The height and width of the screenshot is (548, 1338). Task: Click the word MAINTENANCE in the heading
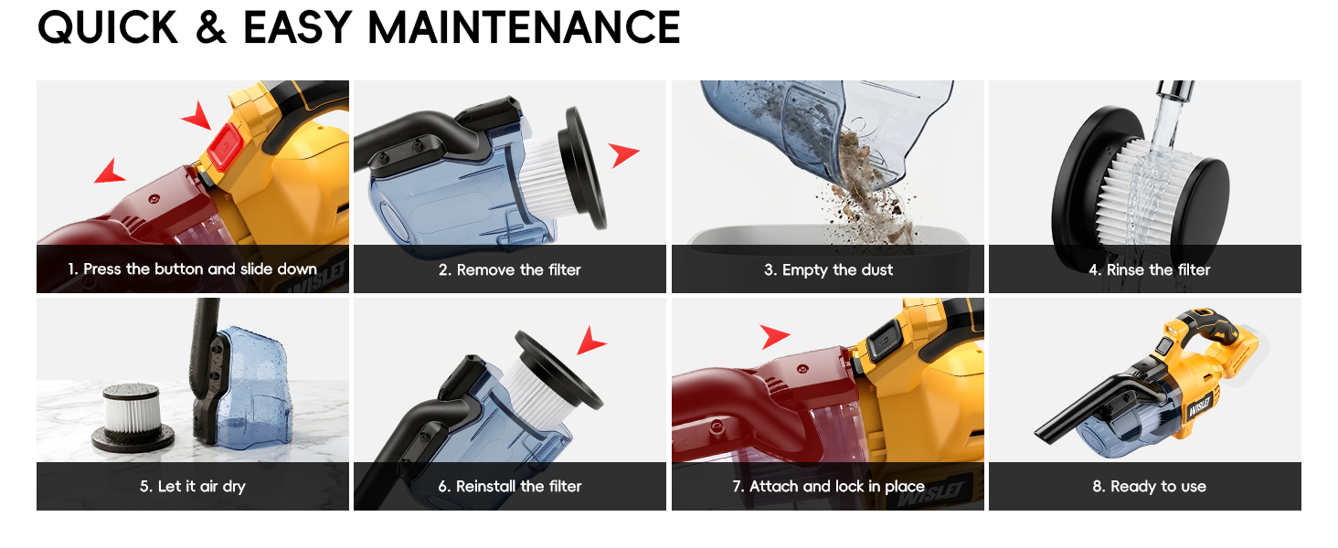[x=524, y=27]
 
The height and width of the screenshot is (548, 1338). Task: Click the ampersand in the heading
[x=211, y=27]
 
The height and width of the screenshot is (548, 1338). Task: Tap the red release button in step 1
[x=225, y=145]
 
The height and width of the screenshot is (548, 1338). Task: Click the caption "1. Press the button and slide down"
[x=192, y=269]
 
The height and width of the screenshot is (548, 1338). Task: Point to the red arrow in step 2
[x=623, y=154]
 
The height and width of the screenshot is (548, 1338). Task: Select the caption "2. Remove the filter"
[x=509, y=269]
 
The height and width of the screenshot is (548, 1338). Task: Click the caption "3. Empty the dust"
[x=828, y=269]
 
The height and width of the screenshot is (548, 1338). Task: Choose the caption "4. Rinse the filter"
[x=1149, y=269]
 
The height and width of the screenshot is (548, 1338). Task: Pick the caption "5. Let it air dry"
[x=192, y=487]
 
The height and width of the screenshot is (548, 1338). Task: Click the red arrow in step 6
[x=590, y=341]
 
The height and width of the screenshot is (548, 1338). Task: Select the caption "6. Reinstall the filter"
[x=509, y=487]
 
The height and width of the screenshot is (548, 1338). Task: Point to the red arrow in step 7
[x=774, y=336]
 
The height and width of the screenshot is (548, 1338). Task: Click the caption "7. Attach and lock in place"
[x=828, y=487]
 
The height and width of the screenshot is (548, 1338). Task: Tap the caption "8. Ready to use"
[x=1149, y=487]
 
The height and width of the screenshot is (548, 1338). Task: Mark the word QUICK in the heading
[x=108, y=27]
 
